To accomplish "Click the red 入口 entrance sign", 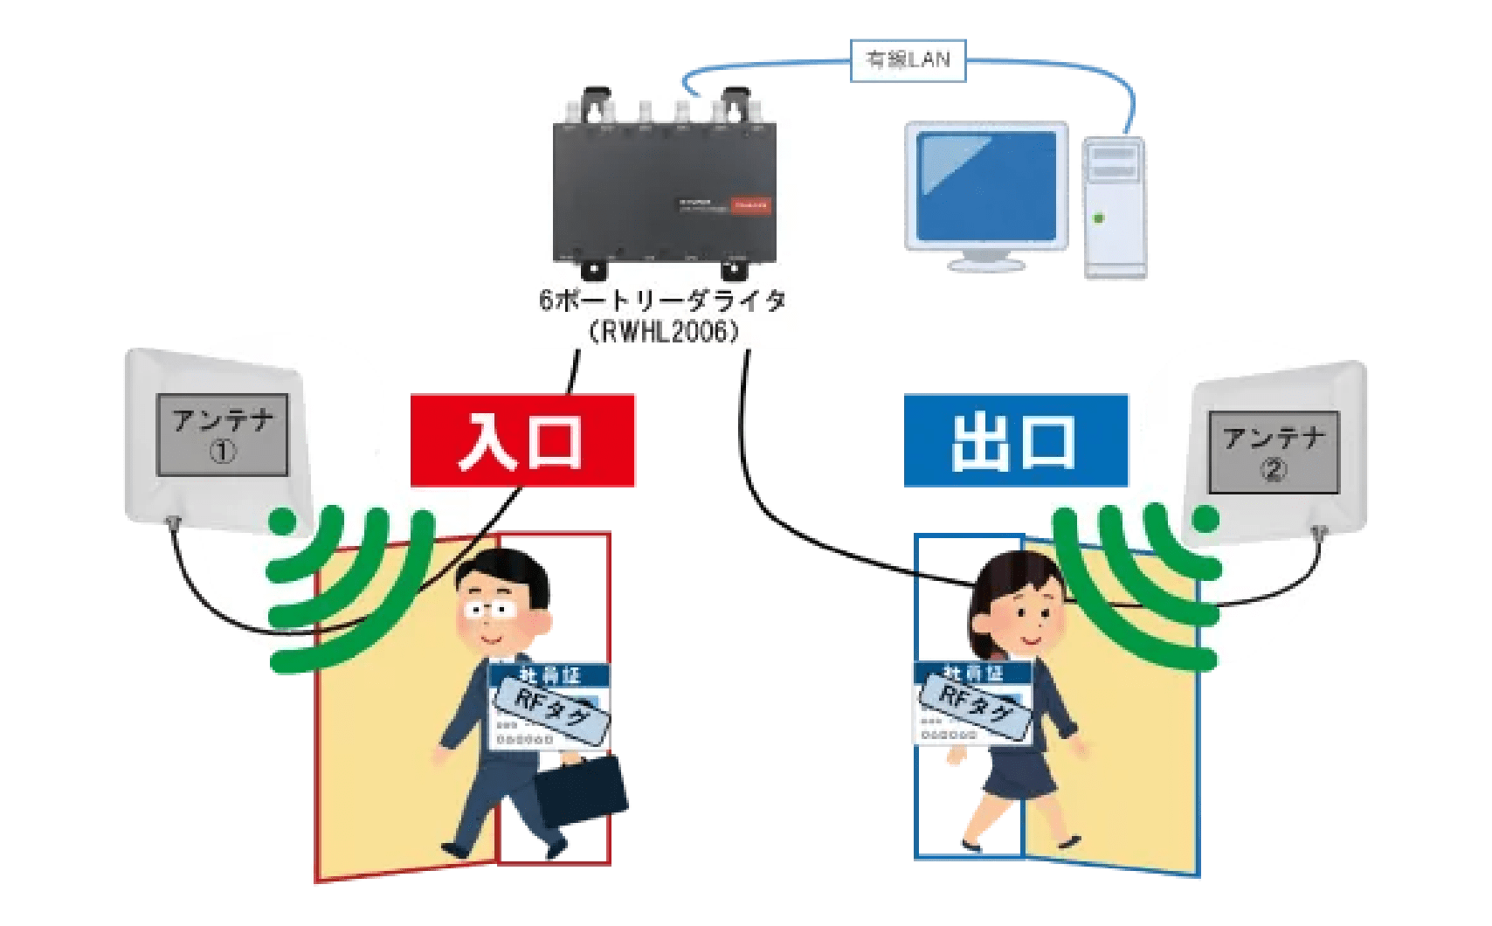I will [522, 440].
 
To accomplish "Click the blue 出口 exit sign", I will [1015, 440].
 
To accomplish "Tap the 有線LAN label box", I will [908, 60].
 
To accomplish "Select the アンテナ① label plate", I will [222, 435].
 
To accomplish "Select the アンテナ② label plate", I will [1273, 453].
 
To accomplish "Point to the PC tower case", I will [1115, 208].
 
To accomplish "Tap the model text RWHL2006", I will [664, 331].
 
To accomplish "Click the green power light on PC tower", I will [1099, 218].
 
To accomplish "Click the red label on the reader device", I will [750, 205].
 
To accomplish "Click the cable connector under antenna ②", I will [1318, 531].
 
